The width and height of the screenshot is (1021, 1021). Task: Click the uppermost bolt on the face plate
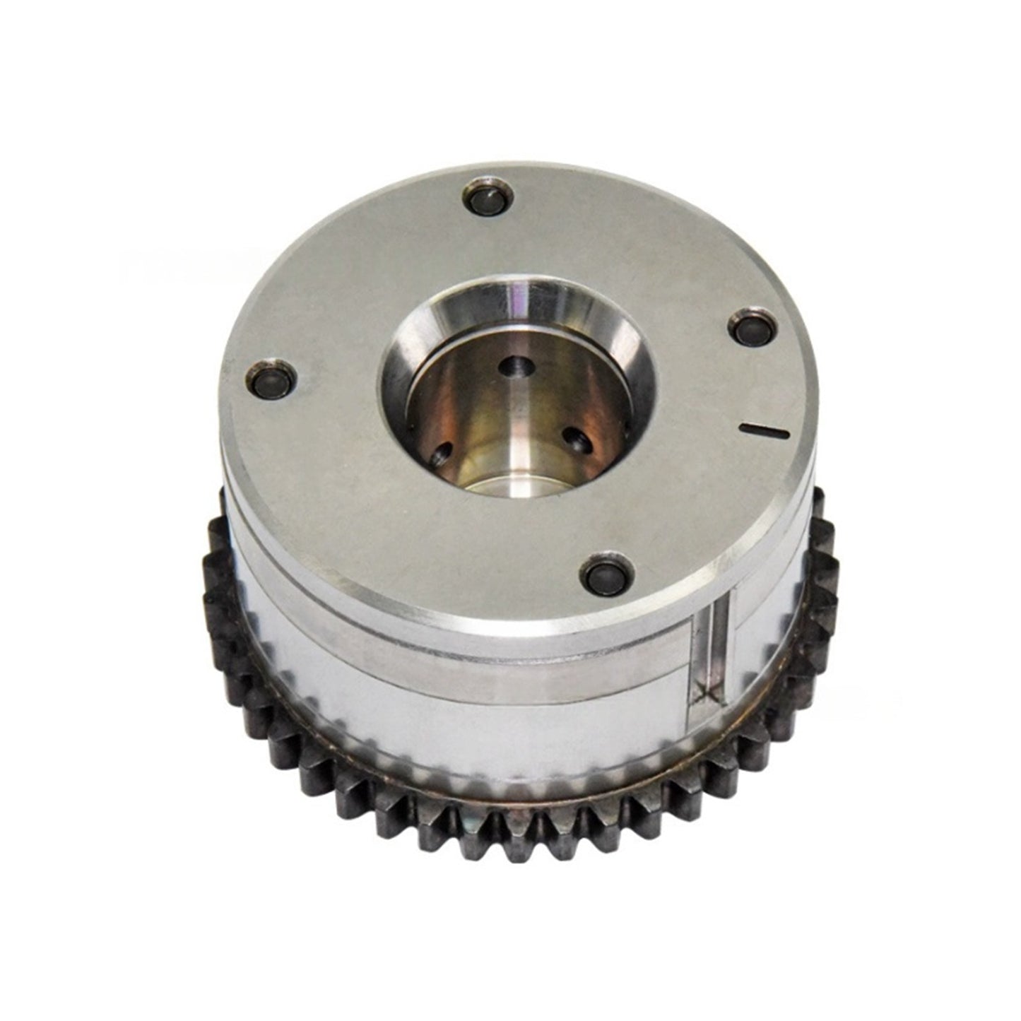coord(487,197)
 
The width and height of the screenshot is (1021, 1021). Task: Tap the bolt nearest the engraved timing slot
coord(751,326)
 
